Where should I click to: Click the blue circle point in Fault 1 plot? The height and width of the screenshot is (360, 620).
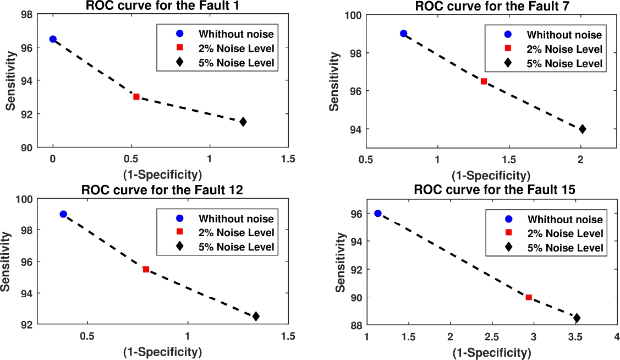click(x=53, y=39)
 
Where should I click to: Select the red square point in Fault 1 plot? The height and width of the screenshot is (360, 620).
click(x=136, y=97)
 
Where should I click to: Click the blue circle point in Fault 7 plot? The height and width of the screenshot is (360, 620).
click(x=403, y=34)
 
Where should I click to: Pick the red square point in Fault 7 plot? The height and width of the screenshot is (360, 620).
click(x=484, y=81)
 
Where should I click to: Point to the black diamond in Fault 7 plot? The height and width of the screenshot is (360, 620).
click(x=582, y=129)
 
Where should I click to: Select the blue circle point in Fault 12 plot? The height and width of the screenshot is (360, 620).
click(x=63, y=214)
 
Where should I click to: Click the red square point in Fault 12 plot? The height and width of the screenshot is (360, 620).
click(x=146, y=269)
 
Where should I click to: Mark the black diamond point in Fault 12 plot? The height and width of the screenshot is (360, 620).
click(x=256, y=317)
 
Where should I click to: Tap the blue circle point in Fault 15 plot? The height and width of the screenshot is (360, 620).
click(x=378, y=214)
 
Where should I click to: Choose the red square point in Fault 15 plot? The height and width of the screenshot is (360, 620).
click(x=529, y=297)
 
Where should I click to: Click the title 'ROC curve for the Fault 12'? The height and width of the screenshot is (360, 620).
click(x=163, y=191)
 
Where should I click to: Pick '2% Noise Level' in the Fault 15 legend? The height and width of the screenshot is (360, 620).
click(x=571, y=233)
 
